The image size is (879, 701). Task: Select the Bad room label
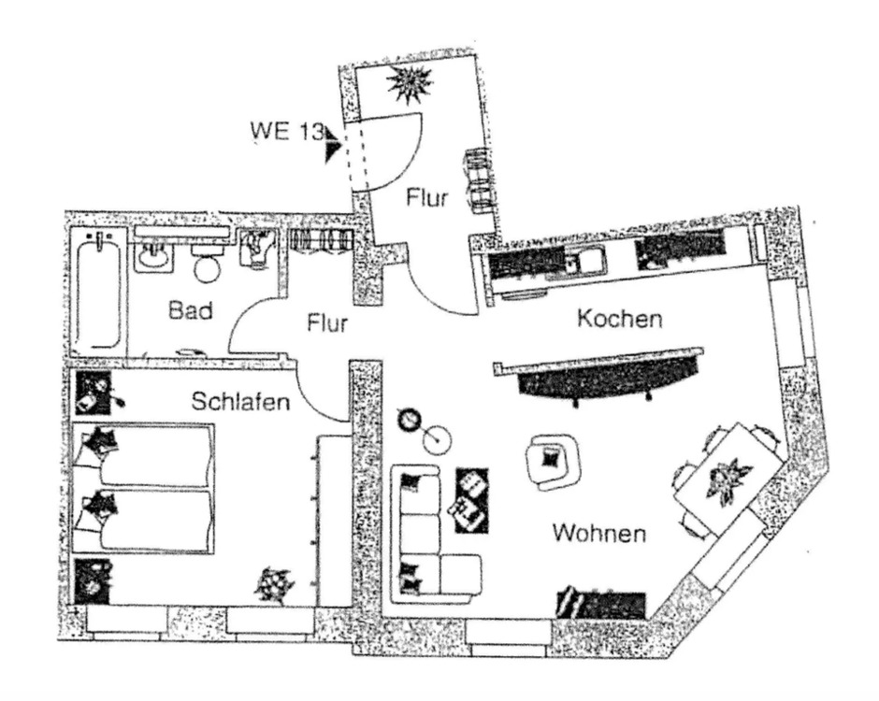[191, 310]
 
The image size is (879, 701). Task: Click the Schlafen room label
[240, 402]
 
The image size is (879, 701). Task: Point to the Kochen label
[619, 319]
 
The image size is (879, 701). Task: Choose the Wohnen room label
[598, 535]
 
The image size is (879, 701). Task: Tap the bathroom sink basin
[152, 253]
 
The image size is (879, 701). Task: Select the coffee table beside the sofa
[470, 499]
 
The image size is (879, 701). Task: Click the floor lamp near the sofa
[412, 422]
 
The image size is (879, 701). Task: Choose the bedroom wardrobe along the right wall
[332, 519]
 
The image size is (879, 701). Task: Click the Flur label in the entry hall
[427, 198]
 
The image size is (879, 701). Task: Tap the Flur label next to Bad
[327, 323]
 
